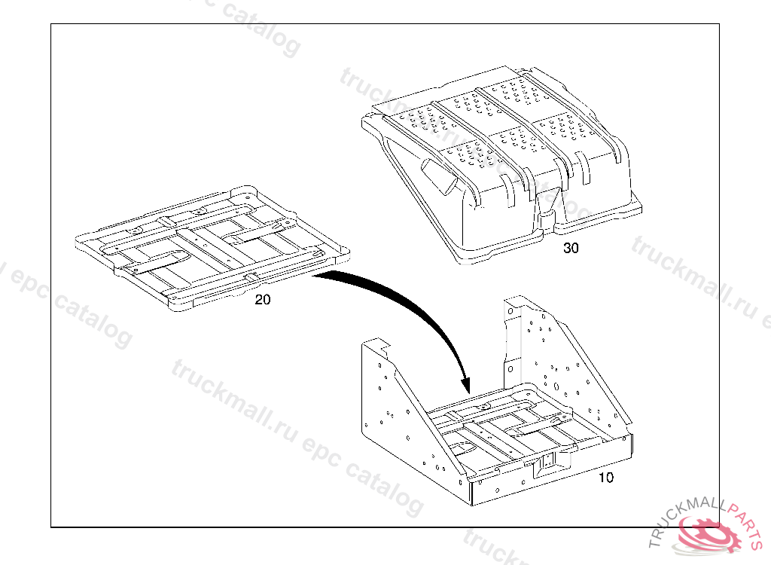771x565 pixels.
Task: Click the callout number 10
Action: point(606,478)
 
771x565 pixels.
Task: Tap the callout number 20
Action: point(263,299)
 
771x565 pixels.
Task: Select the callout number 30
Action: point(571,248)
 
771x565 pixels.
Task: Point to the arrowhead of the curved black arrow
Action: point(465,384)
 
